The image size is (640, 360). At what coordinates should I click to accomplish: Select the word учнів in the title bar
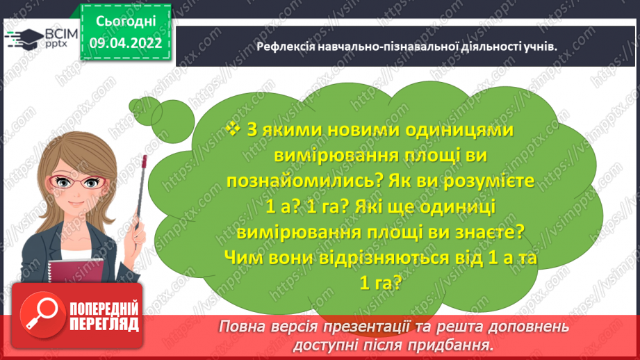coord(543,47)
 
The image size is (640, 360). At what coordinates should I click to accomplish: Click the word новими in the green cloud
coord(338,130)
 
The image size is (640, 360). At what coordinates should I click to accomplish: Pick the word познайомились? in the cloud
coord(305,180)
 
